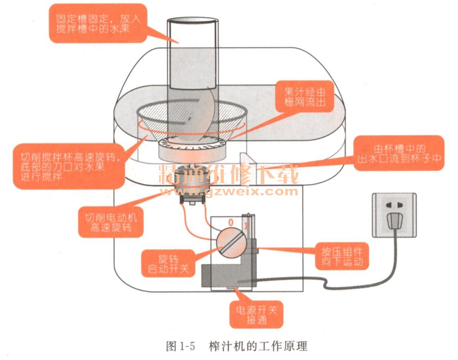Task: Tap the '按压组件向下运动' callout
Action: pos(342,257)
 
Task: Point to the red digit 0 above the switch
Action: pos(231,222)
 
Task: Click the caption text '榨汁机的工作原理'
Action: pos(257,346)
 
